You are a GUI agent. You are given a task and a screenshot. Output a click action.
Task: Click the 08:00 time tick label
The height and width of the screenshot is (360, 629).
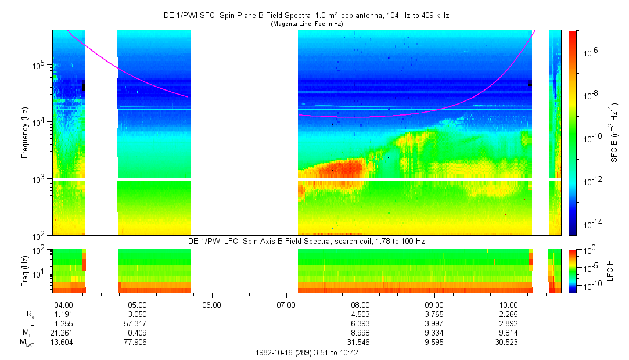[x=360, y=304]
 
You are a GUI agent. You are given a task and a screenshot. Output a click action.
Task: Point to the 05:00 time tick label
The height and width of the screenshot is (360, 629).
[x=137, y=304]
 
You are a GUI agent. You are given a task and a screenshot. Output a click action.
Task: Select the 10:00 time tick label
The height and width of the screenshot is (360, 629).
[x=509, y=304]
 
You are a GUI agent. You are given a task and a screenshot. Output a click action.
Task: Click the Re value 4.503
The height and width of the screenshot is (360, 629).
[x=360, y=314]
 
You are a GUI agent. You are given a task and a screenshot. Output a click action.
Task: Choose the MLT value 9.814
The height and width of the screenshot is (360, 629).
[x=509, y=333]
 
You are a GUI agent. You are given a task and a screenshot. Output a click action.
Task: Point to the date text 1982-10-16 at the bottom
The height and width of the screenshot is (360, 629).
[x=274, y=352]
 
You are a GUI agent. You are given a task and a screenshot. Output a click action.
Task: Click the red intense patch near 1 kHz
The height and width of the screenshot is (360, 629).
[x=337, y=169]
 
